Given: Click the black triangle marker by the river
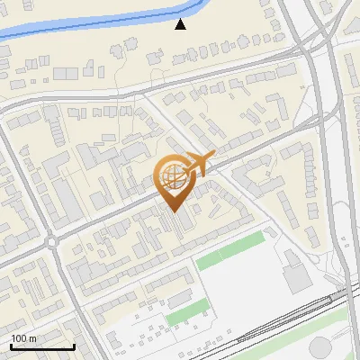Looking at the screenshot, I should [x=181, y=24].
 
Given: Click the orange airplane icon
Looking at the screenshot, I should [x=197, y=166].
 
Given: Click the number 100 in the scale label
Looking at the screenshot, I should [x=20, y=338].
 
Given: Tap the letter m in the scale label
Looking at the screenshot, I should [x=33, y=338].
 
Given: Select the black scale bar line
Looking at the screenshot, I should [x=41, y=346].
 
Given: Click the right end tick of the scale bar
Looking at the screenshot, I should [x=73, y=345].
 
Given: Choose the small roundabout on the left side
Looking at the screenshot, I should [x=51, y=241].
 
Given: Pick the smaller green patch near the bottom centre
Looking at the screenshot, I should [x=183, y=315].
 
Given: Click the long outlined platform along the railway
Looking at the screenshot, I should [x=288, y=325].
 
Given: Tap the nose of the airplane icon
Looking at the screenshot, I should [x=212, y=156].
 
